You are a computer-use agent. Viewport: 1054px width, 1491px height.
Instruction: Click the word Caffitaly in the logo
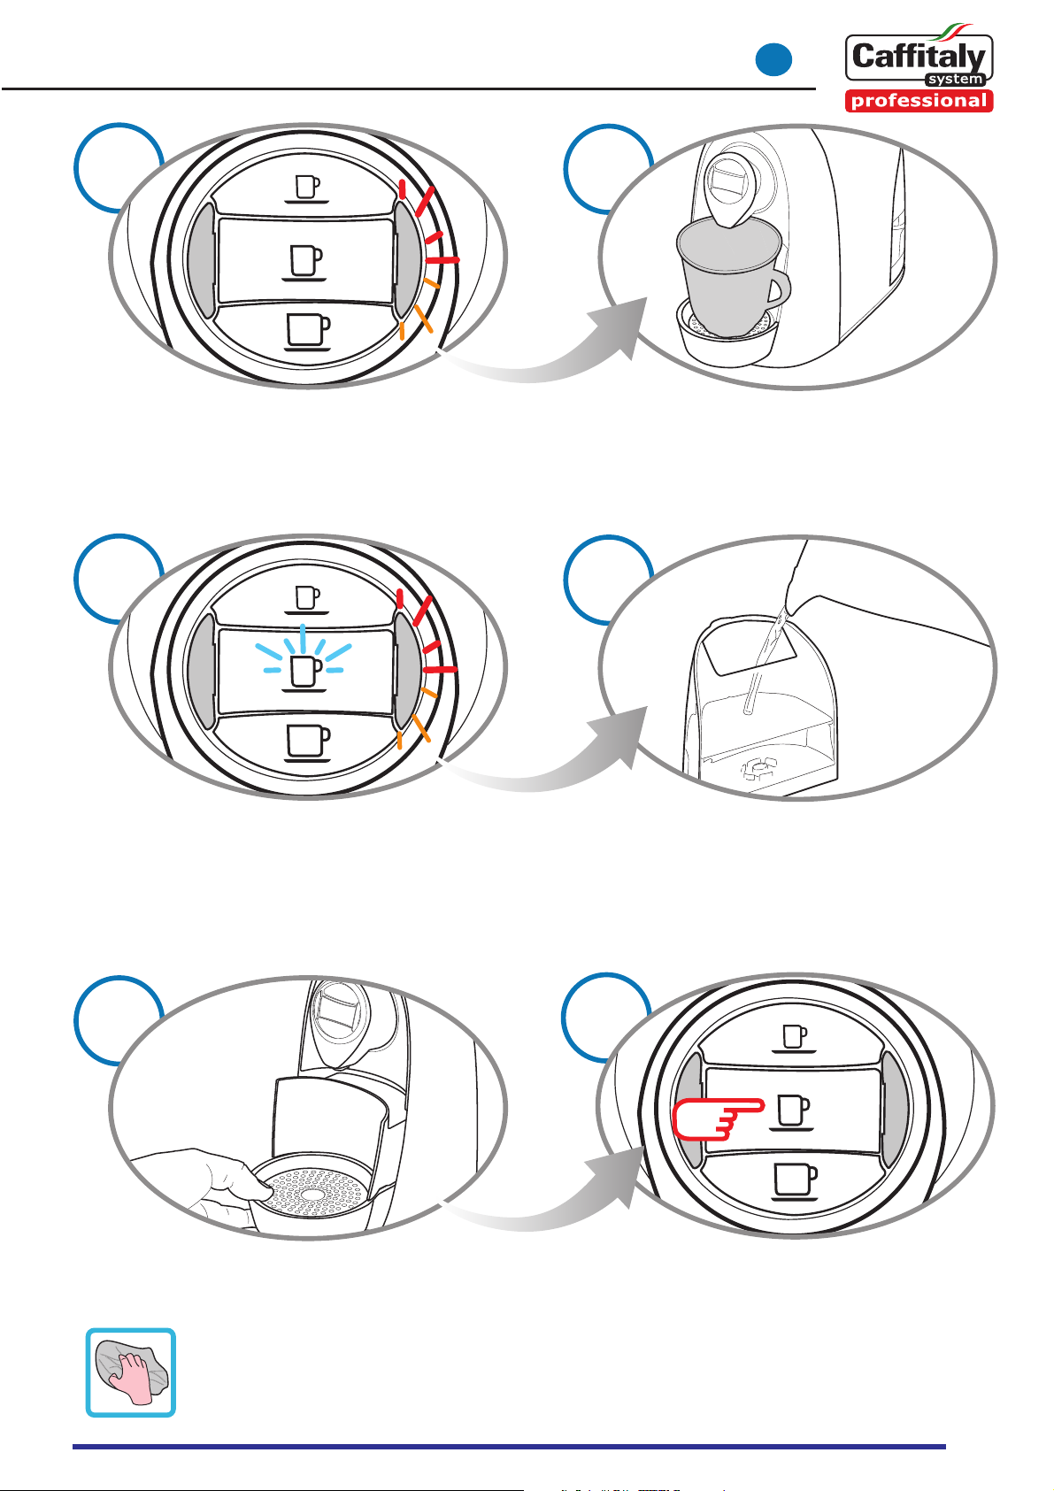[919, 58]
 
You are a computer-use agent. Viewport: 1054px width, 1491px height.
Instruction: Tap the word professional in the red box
[919, 101]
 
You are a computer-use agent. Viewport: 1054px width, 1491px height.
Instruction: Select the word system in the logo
[955, 80]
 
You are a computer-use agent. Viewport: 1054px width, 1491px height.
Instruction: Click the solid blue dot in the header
[773, 60]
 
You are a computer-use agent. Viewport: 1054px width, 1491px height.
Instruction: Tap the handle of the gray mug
[779, 289]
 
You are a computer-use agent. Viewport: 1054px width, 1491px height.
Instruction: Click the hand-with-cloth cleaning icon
[130, 1372]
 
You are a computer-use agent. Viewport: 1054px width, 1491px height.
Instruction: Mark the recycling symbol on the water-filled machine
[759, 768]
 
